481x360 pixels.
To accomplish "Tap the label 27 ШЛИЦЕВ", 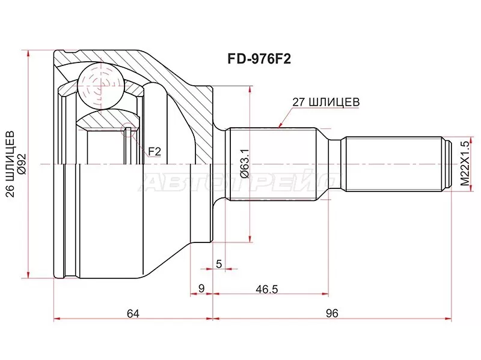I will coord(326,102).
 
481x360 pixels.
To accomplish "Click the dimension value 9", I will coord(201,289).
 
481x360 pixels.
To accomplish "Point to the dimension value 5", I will coord(219,264).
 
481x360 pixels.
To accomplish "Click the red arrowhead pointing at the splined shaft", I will coord(280,125).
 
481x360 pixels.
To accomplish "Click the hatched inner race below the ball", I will coord(105,120).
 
